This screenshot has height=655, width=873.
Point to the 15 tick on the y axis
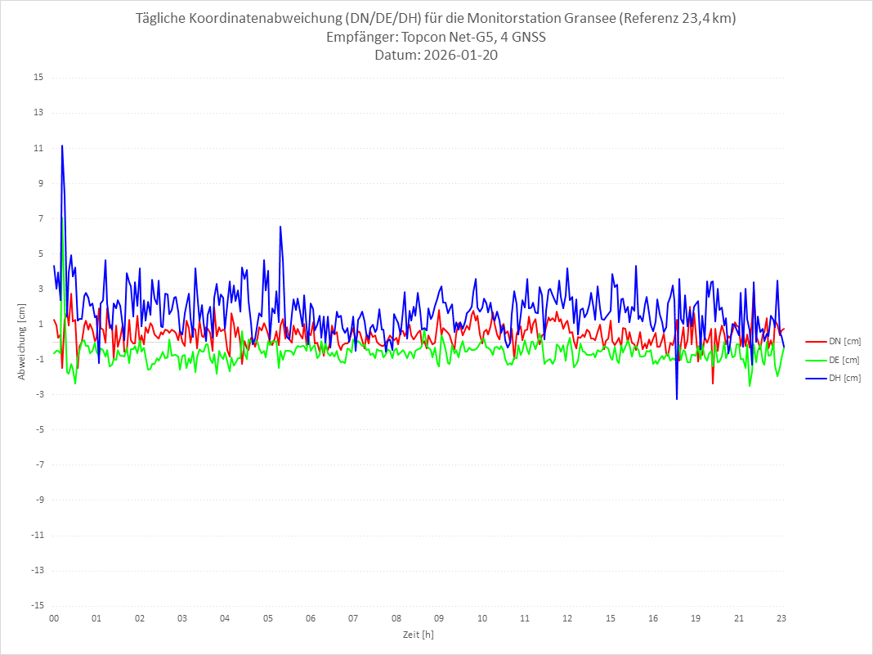click(38, 78)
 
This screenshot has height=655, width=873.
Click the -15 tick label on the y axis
click(37, 606)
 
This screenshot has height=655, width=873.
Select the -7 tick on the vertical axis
click(38, 464)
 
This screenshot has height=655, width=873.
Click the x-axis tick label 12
click(567, 618)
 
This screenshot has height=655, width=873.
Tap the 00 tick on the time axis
click(54, 618)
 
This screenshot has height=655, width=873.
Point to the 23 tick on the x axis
click(781, 618)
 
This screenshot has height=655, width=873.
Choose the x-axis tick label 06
click(311, 618)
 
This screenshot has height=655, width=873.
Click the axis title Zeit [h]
click(418, 634)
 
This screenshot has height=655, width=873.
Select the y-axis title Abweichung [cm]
click(22, 342)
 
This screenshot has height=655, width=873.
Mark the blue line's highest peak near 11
click(62, 146)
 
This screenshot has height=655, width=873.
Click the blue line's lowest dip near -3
click(677, 398)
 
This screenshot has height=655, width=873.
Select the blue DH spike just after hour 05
click(280, 227)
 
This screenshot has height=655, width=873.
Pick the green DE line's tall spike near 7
click(63, 218)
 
